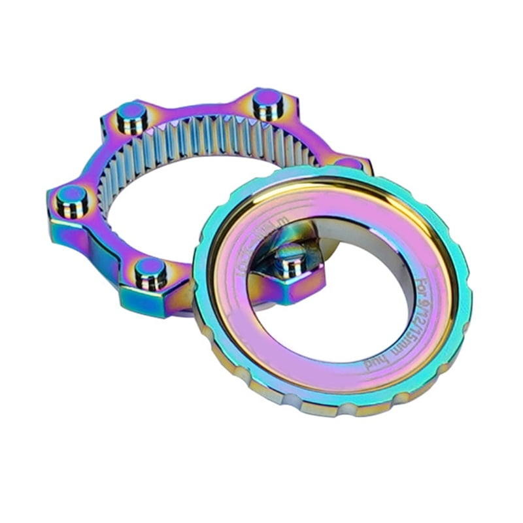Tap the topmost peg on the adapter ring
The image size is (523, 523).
coord(268,101)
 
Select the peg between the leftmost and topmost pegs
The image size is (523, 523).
coord(132,114)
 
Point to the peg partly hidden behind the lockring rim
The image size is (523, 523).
coord(350,163)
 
